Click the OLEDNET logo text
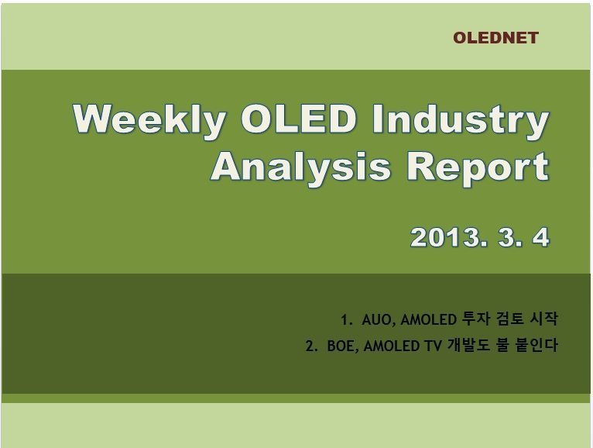(495, 38)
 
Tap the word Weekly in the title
(149, 121)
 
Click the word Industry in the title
(461, 121)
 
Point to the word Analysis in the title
(300, 168)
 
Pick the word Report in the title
(478, 168)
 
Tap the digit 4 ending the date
(540, 237)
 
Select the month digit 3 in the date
(507, 237)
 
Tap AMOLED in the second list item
(392, 346)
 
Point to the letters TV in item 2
(432, 346)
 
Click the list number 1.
(345, 320)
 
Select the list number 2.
(310, 346)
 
